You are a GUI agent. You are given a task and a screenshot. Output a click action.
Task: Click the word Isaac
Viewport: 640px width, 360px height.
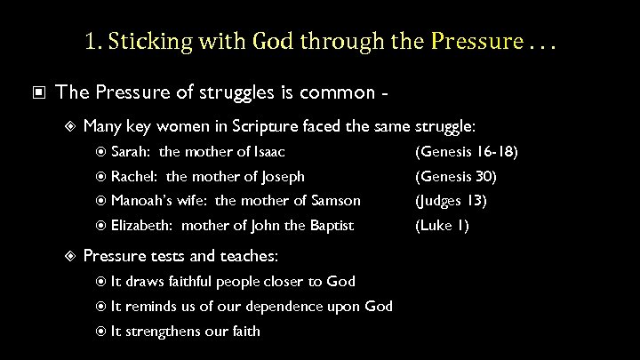click(x=266, y=152)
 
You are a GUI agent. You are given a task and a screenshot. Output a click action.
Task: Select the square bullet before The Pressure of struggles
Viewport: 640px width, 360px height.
click(x=39, y=91)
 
